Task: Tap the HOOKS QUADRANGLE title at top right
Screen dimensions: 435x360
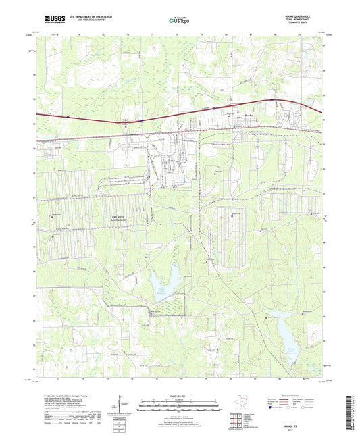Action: click(x=299, y=15)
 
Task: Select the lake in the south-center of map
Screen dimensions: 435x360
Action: click(x=168, y=278)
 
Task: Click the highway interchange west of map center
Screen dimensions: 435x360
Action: click(x=124, y=123)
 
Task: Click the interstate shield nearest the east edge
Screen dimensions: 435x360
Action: click(x=272, y=100)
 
